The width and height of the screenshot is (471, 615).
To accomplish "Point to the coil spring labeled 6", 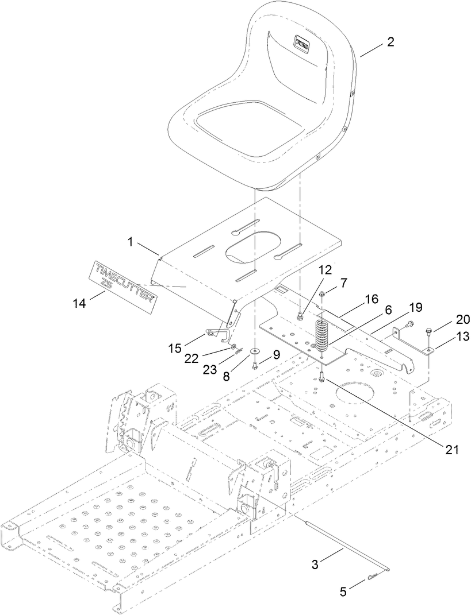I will click(323, 336).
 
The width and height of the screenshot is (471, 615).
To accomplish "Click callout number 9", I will click(277, 355).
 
